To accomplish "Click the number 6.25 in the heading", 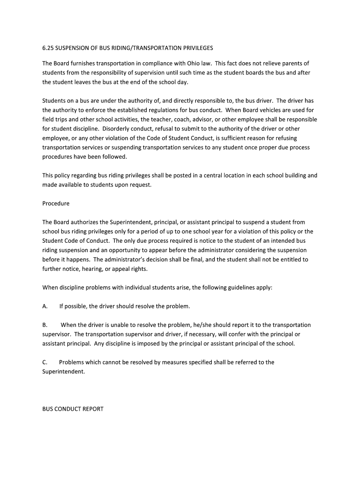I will (x=48, y=48).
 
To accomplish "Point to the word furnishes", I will (x=83, y=63).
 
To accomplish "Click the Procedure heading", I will (x=56, y=203).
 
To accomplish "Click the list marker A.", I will (x=45, y=306).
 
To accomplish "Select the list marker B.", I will (x=45, y=325).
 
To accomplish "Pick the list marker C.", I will (x=45, y=363).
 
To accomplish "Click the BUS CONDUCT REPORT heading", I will (x=73, y=409).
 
